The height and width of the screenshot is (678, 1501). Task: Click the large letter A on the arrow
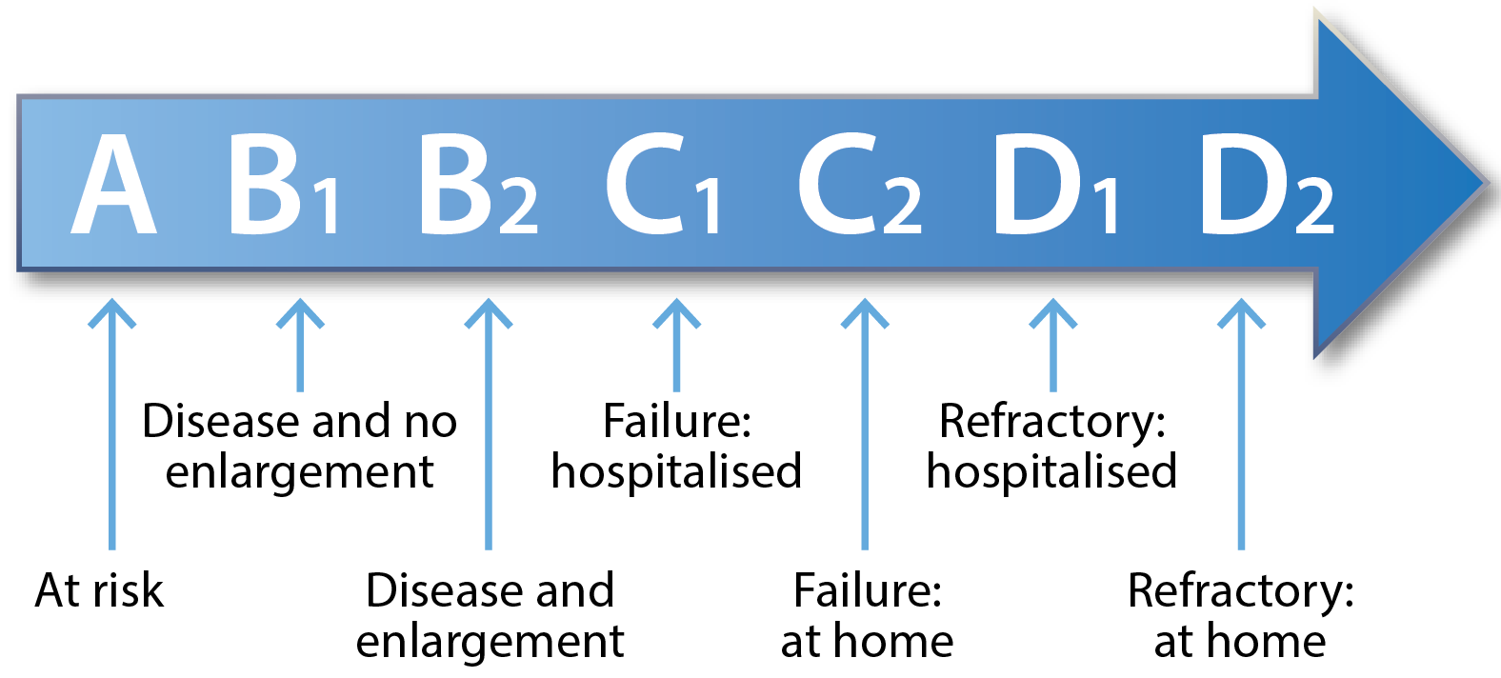coord(114,184)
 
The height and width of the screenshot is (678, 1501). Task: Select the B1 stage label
coord(284,184)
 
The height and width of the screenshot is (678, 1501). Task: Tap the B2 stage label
coord(478,184)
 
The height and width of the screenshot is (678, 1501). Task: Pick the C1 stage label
coord(664,184)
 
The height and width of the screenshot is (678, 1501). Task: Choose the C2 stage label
coord(860,184)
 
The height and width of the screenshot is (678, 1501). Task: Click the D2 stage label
coord(1266,184)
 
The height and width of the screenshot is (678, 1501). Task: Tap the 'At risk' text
coord(99,591)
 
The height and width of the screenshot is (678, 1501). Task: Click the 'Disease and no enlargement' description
coord(299,447)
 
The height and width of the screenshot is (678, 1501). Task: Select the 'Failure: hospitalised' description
coord(677,447)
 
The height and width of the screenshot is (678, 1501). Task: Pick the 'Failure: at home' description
coord(867,615)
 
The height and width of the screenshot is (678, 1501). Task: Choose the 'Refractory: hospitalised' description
coord(1052,447)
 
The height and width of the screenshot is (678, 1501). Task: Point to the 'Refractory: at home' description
coord(1240,615)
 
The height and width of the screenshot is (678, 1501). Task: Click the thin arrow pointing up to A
coord(111,424)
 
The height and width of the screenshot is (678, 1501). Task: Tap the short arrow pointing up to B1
coord(300,345)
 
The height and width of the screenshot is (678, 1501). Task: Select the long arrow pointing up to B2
coord(489,424)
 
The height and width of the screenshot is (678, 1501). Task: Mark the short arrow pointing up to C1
coord(677,345)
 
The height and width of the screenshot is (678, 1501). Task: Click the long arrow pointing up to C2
coord(865,424)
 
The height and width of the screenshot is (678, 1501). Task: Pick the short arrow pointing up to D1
coord(1053,345)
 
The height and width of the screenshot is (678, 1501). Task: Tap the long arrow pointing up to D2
coord(1242,424)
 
